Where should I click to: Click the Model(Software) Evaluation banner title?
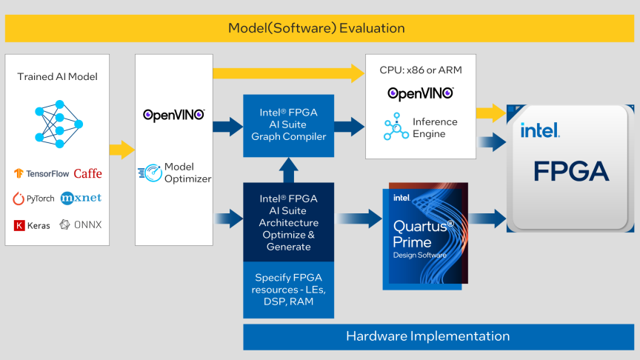point(316,28)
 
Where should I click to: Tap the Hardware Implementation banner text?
point(427,336)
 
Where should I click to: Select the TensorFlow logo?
point(41,173)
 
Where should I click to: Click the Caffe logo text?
point(88,173)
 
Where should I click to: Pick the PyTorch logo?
point(34,199)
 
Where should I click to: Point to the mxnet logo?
point(81,198)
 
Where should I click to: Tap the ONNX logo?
point(81,224)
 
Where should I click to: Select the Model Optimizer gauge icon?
point(150,173)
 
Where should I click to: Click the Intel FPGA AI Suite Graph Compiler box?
point(288,125)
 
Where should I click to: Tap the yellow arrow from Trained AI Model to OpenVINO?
point(121,150)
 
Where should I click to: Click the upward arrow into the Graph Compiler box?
point(288,170)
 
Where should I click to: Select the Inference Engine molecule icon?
point(396,127)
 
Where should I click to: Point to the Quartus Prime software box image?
point(424,235)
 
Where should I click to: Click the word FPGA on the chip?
point(571,171)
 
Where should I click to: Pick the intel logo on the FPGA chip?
point(539,131)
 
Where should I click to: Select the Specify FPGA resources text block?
point(288,290)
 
